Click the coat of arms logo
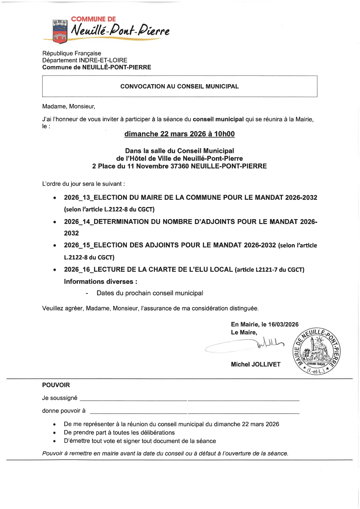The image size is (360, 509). tap(60, 32)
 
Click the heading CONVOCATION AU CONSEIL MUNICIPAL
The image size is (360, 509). tap(179, 86)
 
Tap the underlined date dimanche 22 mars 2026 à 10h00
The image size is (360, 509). tap(179, 134)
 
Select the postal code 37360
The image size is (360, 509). tap(180, 166)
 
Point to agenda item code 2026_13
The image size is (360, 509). tap(78, 198)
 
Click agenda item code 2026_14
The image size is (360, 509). tap(78, 222)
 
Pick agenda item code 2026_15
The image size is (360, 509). tap(78, 245)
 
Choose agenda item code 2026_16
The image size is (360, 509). tap(78, 270)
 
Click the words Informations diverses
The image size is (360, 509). tap(100, 281)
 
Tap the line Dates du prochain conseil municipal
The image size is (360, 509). tap(150, 293)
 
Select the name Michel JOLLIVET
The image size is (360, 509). tap(256, 364)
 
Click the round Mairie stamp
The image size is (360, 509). tap(316, 351)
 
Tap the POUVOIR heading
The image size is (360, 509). tap(56, 385)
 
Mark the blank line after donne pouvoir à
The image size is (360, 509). tap(195, 412)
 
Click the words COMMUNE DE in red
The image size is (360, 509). tap(93, 19)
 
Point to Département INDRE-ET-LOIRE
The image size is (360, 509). tap(85, 60)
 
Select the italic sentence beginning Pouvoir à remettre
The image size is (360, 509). tap(165, 454)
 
